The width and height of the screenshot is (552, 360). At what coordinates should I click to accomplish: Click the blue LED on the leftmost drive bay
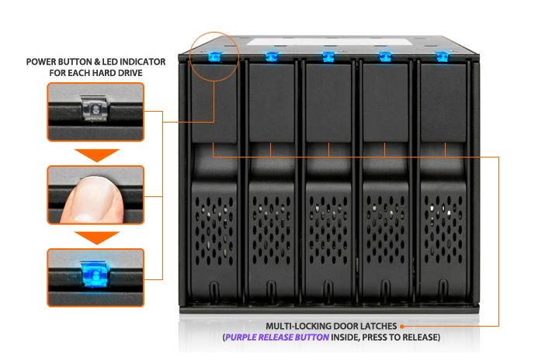click(x=214, y=57)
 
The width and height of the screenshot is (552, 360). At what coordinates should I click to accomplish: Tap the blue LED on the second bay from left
click(x=272, y=57)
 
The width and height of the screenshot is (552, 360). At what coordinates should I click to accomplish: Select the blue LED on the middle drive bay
click(x=328, y=57)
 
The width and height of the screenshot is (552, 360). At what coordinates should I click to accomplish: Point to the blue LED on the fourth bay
click(x=386, y=57)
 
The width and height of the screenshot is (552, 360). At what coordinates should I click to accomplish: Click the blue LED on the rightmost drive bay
click(x=443, y=57)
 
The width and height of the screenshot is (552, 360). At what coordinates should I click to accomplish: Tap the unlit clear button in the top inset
click(x=94, y=109)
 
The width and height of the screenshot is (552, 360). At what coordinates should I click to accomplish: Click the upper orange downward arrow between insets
click(x=97, y=155)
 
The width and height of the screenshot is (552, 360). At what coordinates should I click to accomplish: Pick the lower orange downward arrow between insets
click(x=97, y=237)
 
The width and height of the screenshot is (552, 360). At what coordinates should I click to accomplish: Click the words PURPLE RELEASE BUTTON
click(x=277, y=337)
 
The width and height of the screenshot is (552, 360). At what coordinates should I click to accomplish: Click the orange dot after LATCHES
click(x=401, y=327)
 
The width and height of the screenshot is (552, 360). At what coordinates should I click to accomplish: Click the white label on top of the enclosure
click(x=329, y=42)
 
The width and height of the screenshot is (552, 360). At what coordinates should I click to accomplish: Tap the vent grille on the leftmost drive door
click(x=214, y=230)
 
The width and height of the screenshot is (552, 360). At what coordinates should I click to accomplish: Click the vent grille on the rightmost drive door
click(x=443, y=230)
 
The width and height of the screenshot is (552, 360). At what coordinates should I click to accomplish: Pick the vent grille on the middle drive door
click(x=328, y=230)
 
